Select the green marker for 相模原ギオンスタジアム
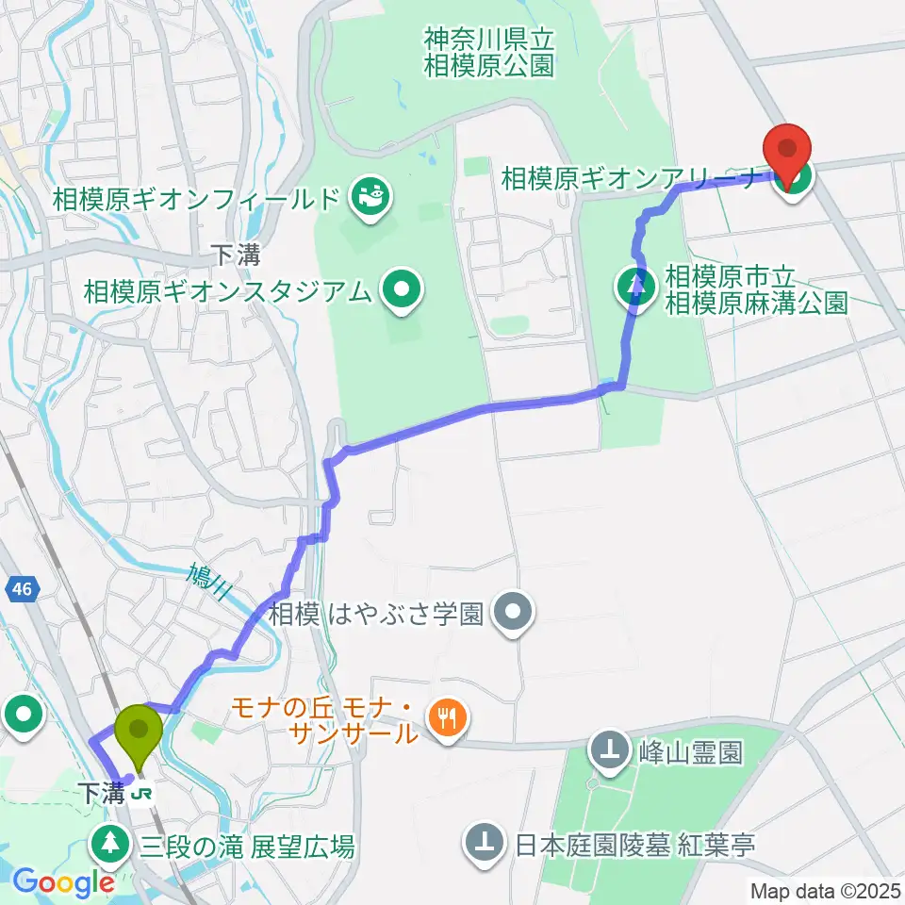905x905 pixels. pos(403,290)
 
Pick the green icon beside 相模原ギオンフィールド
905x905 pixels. pos(367,198)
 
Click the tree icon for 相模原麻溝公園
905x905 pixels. pos(638,282)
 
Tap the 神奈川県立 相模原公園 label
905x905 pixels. pos(488,53)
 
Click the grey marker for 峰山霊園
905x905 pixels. pos(612,751)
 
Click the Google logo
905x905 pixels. pos(63,882)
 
